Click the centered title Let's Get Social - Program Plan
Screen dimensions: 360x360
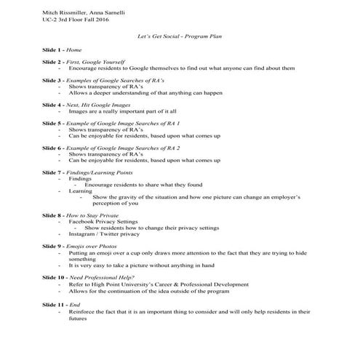[180, 35]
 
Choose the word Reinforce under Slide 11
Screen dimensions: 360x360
[82, 310]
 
